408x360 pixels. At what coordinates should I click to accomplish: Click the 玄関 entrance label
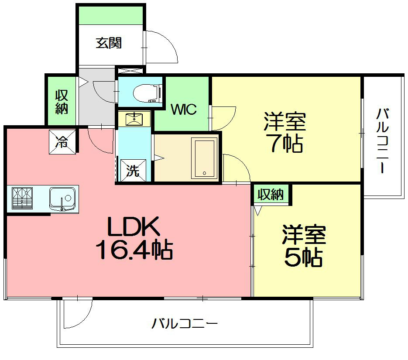(109, 43)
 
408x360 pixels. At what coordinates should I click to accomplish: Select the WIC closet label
(183, 110)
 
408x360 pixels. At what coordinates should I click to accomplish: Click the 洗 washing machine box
(133, 171)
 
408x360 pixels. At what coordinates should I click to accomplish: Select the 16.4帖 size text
(133, 250)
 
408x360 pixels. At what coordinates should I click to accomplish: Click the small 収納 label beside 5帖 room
(271, 195)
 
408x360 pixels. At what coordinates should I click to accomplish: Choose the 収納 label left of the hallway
(62, 102)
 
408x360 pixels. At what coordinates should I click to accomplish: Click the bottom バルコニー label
(185, 324)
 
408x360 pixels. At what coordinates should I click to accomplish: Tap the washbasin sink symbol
(134, 118)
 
